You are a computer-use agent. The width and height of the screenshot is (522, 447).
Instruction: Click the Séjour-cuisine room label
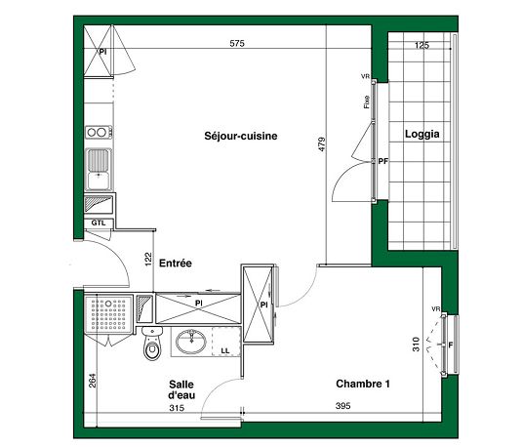click(241, 136)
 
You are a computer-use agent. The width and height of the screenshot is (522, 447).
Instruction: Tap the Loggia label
click(422, 135)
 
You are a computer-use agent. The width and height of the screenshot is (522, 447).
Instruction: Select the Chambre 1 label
click(363, 384)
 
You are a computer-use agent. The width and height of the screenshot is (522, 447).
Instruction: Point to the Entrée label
click(176, 264)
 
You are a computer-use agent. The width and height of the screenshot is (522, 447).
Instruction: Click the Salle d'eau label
click(181, 389)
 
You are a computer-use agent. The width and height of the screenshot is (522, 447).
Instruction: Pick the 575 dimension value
click(237, 43)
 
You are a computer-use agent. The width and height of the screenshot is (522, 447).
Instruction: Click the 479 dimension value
click(322, 144)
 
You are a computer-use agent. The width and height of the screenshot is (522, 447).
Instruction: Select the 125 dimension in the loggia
click(422, 45)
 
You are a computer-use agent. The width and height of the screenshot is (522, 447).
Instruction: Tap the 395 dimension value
click(342, 406)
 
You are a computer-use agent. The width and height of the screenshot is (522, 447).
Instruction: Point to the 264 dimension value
click(93, 381)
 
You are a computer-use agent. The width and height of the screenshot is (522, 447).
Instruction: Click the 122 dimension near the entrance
click(148, 260)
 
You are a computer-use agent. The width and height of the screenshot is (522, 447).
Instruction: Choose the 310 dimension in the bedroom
click(416, 345)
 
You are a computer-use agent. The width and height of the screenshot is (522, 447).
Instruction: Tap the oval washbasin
click(191, 342)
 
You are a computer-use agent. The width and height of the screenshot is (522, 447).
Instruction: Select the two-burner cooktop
click(99, 132)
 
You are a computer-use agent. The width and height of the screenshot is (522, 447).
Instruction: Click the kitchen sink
click(99, 169)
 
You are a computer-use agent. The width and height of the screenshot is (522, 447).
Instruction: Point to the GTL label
click(99, 223)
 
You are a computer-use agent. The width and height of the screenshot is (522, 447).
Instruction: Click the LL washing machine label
click(225, 350)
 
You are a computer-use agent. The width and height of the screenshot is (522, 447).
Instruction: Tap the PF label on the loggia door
click(383, 161)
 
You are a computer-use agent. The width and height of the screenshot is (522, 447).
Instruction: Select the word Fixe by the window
click(367, 102)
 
